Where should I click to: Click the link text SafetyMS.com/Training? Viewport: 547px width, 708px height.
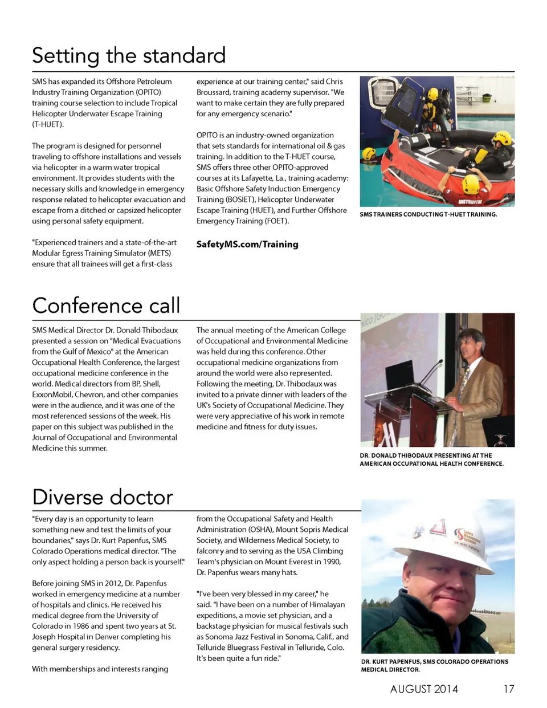click(x=247, y=244)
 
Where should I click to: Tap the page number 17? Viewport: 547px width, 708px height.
click(x=508, y=689)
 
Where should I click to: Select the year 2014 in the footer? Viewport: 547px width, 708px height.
click(x=446, y=689)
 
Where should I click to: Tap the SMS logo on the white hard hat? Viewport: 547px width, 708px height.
click(x=459, y=535)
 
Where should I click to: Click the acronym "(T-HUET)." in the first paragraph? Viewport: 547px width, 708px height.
click(x=48, y=124)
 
